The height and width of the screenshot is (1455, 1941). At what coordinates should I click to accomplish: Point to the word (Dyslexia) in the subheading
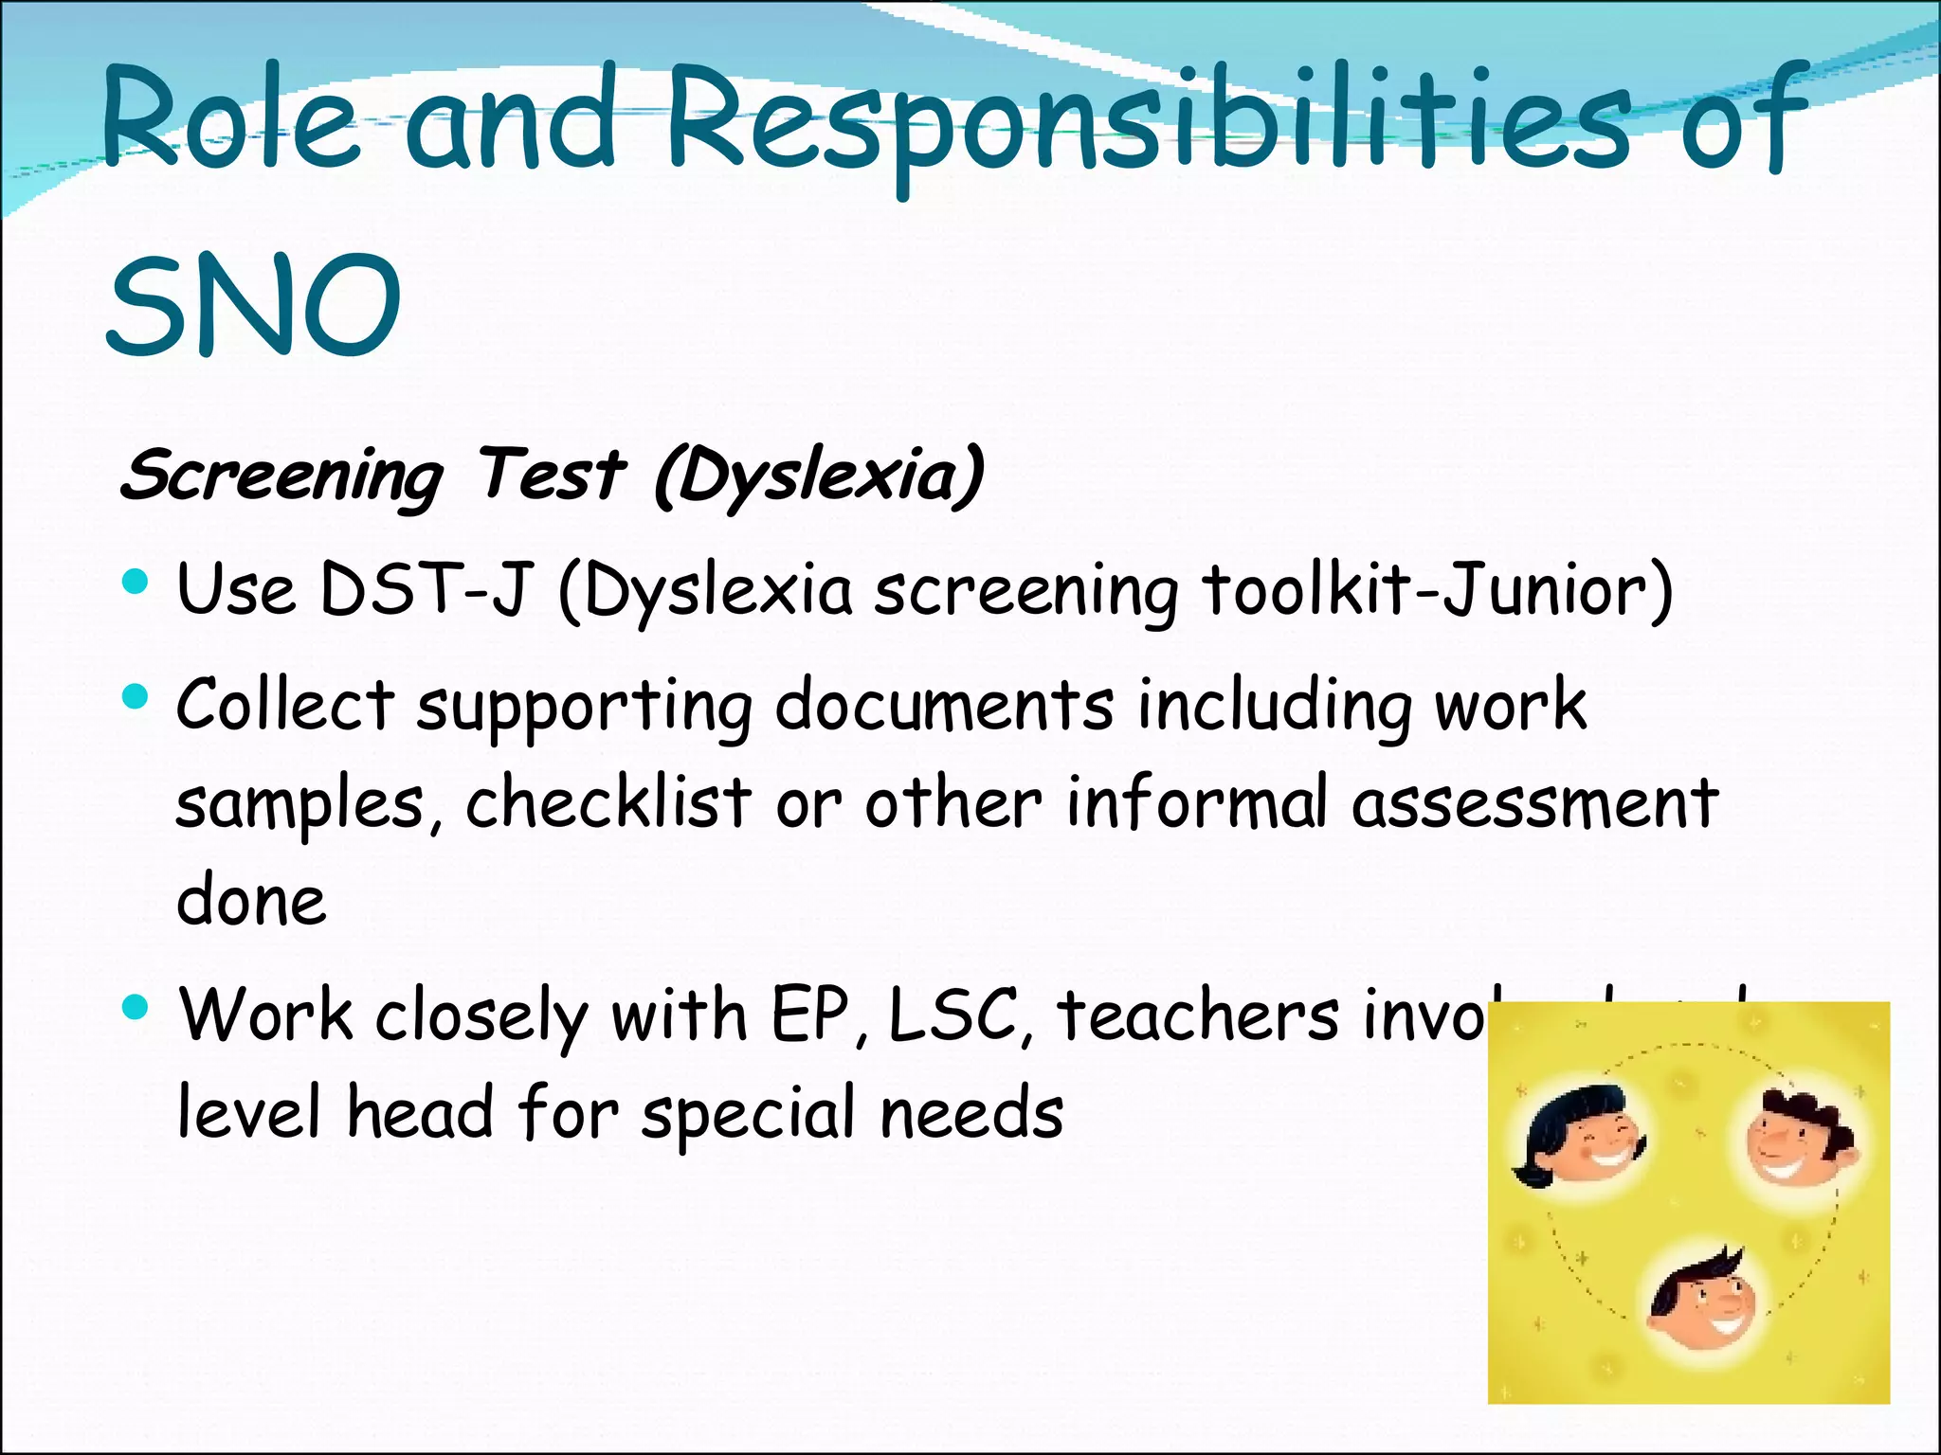820,476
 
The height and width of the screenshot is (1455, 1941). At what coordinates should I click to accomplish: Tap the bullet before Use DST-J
136,581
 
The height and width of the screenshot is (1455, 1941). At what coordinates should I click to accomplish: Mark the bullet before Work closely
136,1007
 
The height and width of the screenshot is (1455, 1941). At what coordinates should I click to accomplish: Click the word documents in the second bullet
945,706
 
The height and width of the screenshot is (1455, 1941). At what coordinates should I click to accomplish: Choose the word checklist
608,803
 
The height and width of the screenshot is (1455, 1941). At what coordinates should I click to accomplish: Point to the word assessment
1534,803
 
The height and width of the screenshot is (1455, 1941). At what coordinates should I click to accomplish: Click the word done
251,900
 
